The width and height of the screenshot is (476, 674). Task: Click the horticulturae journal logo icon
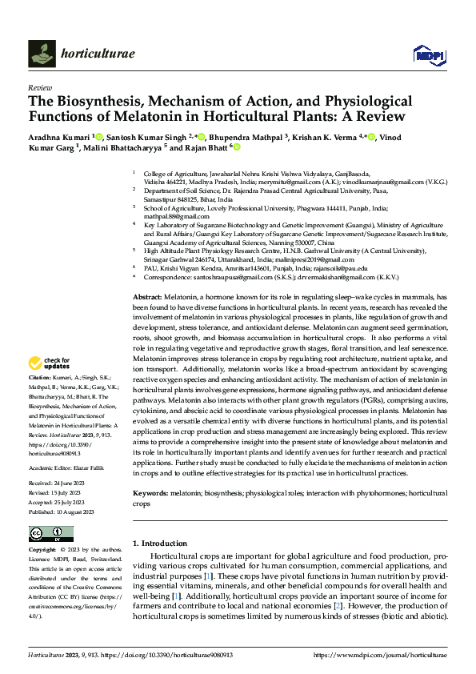click(x=42, y=54)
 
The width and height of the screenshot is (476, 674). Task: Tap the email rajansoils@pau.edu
click(x=339, y=269)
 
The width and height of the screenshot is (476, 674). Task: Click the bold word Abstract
click(x=146, y=297)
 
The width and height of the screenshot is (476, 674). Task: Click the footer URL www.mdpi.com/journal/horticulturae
click(x=381, y=655)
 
